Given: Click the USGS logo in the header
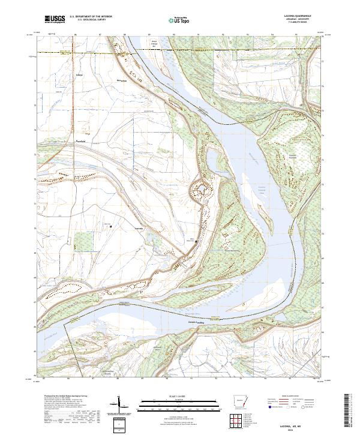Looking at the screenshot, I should [x=55, y=20].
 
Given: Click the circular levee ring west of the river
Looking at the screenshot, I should [x=201, y=191].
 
